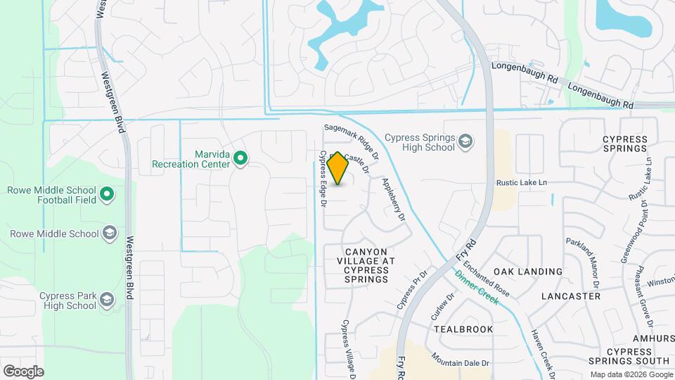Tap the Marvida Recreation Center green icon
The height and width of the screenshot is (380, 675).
tap(240, 158)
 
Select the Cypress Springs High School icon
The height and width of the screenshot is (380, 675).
tap(465, 143)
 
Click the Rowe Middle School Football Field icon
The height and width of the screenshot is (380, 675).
tap(107, 194)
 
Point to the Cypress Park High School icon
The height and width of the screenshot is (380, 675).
tap(107, 300)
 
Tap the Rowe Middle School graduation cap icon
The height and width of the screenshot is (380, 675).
tap(109, 233)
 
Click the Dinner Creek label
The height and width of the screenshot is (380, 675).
tap(476, 288)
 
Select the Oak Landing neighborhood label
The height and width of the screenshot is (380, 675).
tap(527, 272)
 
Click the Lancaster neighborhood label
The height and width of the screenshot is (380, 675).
tap(571, 296)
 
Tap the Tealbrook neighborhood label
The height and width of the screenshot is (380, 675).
tap(463, 329)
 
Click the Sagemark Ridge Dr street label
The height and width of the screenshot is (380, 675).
tap(351, 141)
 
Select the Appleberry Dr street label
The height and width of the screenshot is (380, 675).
tap(394, 198)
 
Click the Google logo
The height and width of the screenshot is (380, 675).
tap(23, 371)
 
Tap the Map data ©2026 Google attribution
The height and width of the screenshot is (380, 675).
tap(631, 374)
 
